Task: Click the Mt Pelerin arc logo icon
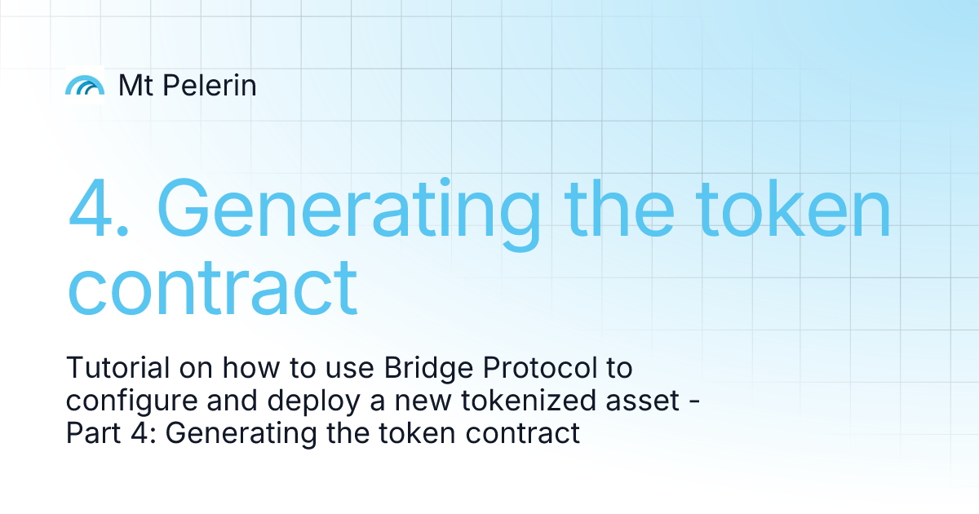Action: [85, 85]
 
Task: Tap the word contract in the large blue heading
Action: [212, 286]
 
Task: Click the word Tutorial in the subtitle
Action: [117, 369]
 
